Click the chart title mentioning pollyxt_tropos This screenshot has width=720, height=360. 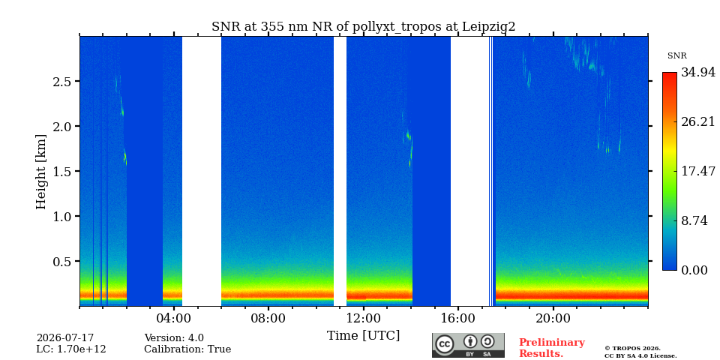(363, 27)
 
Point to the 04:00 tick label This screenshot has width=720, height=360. (174, 319)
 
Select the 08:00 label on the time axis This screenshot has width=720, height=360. (268, 319)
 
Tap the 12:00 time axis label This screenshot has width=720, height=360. (364, 319)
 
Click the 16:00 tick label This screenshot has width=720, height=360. (458, 319)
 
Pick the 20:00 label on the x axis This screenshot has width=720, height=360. (553, 319)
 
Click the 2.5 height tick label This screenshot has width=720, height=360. (62, 81)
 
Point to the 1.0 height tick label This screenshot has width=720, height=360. (62, 216)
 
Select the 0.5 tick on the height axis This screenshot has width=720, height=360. (62, 261)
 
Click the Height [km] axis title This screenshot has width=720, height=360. (41, 172)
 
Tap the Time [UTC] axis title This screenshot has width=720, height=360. (363, 336)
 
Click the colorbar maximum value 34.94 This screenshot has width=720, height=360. (698, 72)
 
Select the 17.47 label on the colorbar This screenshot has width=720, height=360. (698, 171)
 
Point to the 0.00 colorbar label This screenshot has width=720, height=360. (694, 270)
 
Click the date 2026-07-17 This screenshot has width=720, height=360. (65, 338)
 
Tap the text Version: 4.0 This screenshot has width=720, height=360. (174, 338)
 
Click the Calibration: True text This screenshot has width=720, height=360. (187, 349)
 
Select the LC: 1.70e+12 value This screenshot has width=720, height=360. (71, 349)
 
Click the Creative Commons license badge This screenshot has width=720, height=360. (468, 345)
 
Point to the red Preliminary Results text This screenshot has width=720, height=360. (551, 348)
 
